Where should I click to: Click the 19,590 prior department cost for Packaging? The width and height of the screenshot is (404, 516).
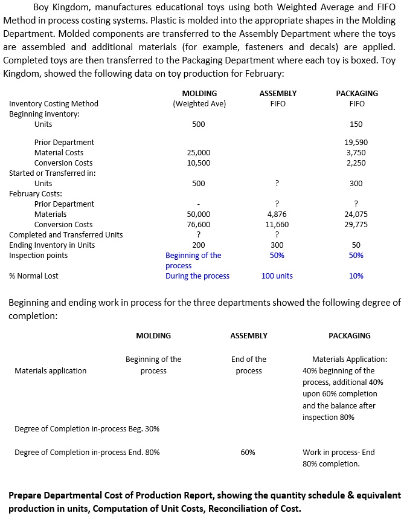click(356, 142)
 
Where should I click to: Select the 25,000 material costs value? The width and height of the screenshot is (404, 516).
click(199, 152)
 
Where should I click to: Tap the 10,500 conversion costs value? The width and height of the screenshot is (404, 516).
click(199, 163)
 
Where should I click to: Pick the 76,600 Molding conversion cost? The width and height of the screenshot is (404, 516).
click(199, 224)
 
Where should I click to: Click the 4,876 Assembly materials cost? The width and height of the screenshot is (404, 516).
click(277, 214)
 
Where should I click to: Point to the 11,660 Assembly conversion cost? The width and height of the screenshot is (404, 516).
click(277, 224)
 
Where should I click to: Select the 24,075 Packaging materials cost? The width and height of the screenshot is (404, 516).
click(356, 214)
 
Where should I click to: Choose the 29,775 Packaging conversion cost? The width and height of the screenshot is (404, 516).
click(356, 224)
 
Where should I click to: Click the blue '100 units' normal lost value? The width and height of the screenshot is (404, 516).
click(277, 276)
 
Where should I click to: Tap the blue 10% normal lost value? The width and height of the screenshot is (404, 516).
click(356, 276)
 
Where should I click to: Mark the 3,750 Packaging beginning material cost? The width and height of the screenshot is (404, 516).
click(356, 152)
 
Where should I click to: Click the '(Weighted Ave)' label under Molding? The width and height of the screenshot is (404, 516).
click(199, 104)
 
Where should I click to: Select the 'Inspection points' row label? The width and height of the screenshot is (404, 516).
click(39, 255)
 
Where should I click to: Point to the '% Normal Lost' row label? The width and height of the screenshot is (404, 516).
click(34, 276)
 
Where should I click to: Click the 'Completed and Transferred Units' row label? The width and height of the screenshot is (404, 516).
click(66, 234)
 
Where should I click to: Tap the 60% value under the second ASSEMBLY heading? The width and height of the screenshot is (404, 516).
click(248, 452)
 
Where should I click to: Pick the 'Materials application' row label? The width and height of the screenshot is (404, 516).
click(51, 370)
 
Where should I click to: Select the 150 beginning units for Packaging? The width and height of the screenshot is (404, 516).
click(356, 124)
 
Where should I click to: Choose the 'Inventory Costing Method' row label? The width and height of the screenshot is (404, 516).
click(54, 104)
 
